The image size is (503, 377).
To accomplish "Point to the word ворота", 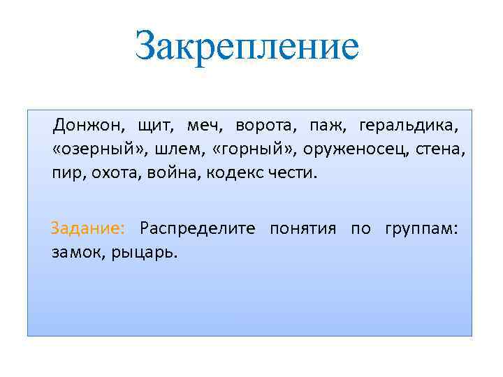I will tap(265, 126).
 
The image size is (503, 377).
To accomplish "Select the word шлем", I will tap(162, 149).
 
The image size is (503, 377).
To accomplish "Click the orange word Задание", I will tap(88, 229).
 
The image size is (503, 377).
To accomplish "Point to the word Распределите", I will tap(198, 229).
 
